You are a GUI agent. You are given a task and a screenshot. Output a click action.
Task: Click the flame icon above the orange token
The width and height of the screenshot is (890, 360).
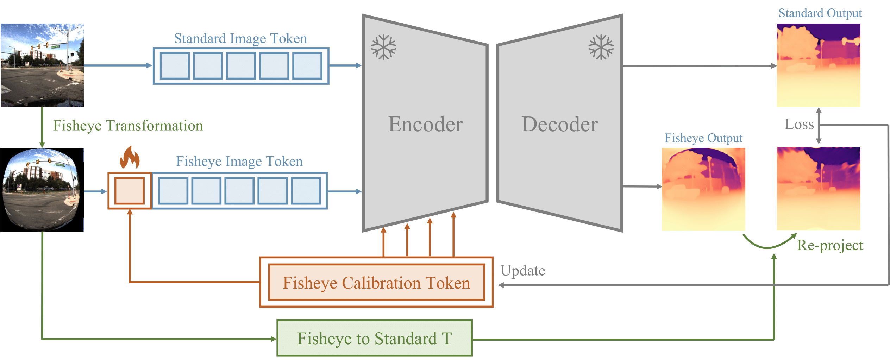tap(130, 158)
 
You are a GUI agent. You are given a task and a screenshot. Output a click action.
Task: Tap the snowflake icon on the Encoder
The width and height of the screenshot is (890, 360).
tap(384, 47)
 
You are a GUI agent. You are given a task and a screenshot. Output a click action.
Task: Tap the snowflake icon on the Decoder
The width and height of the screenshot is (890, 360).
tap(601, 47)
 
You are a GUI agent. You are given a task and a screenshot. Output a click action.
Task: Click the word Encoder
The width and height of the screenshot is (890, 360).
tap(425, 124)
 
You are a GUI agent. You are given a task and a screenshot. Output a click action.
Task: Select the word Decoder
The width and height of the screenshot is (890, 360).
tap(559, 124)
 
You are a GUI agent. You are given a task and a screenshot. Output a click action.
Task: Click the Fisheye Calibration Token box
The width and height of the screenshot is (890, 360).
tap(376, 282)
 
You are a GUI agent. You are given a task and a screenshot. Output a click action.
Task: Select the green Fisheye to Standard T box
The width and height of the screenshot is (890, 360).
tap(375, 338)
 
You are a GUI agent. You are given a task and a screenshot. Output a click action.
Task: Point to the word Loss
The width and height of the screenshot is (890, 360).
tap(799, 124)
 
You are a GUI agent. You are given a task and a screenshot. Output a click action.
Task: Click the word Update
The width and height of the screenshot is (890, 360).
tap(523, 271)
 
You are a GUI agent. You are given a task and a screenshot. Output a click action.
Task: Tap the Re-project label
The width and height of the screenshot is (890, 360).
tap(830, 245)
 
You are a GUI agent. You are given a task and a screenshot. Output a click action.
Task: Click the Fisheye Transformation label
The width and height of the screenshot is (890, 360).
tap(128, 126)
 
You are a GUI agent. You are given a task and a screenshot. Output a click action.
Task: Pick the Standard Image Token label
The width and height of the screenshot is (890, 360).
tap(240, 38)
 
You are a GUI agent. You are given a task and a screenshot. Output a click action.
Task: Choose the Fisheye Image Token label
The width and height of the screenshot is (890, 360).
tap(239, 161)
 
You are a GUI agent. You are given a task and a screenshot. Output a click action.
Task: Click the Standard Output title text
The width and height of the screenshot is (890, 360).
tap(820, 13)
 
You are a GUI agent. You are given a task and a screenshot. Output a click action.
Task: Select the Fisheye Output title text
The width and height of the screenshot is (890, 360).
tap(703, 138)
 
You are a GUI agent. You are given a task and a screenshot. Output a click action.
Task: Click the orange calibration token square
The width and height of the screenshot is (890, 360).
tap(130, 191)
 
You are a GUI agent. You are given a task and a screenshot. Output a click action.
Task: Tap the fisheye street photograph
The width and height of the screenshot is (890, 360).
tap(42, 190)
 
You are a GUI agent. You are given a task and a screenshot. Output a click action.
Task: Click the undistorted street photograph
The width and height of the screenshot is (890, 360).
tap(42, 65)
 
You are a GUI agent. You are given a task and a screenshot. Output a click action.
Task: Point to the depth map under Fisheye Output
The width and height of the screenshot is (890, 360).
tap(703, 189)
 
